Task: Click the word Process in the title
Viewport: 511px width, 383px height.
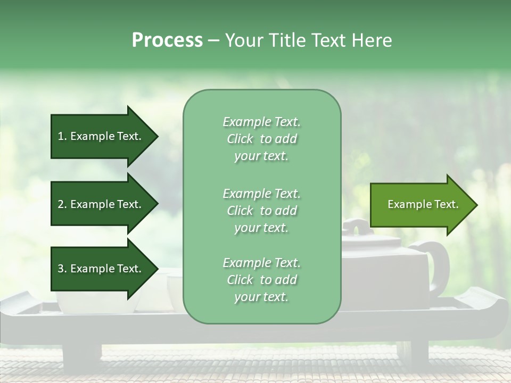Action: pyautogui.click(x=167, y=40)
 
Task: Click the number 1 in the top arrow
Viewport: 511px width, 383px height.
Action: pyautogui.click(x=61, y=136)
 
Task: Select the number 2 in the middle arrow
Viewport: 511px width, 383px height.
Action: pyautogui.click(x=61, y=204)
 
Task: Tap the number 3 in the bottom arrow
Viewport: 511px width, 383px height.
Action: pyautogui.click(x=61, y=269)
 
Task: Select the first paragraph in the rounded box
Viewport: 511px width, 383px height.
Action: pyautogui.click(x=261, y=139)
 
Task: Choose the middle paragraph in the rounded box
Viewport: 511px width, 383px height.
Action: pyautogui.click(x=261, y=211)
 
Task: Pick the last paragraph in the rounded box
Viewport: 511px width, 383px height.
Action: pyautogui.click(x=261, y=280)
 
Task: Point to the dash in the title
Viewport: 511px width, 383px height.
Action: pyautogui.click(x=213, y=41)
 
